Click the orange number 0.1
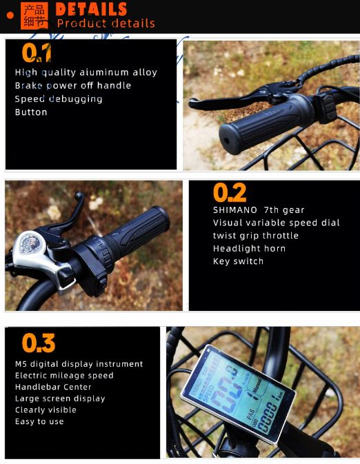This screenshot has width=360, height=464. click(x=37, y=53)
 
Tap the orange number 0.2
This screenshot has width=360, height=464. click(x=229, y=192)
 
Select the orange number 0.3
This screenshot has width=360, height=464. click(x=38, y=343)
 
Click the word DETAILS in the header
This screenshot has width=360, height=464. click(x=91, y=9)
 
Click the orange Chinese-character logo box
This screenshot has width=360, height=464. click(x=34, y=16)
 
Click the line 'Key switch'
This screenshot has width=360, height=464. click(x=238, y=261)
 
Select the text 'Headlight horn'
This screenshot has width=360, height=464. click(x=249, y=248)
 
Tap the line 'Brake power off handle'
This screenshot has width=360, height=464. click(x=73, y=85)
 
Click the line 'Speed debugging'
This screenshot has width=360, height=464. click(x=59, y=99)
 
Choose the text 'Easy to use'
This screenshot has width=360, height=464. click(x=39, y=421)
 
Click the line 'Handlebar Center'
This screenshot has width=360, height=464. click(x=53, y=387)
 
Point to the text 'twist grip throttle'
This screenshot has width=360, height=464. click(x=255, y=236)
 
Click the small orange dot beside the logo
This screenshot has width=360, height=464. click(x=10, y=14)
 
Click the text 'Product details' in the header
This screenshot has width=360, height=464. click(x=106, y=23)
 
